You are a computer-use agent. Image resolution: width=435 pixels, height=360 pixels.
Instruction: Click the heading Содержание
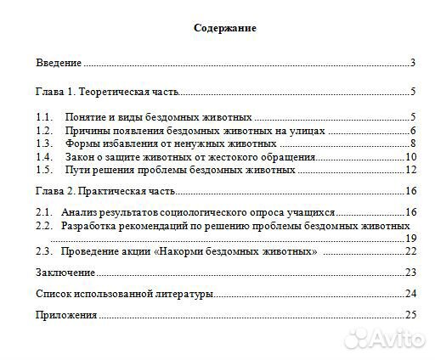224,28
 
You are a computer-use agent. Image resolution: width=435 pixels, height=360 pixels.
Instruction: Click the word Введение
59,63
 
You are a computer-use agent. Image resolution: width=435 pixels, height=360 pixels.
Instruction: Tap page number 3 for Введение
411,63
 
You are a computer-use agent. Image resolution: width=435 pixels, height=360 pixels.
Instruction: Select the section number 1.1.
44,116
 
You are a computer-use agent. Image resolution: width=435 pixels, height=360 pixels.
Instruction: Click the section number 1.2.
44,130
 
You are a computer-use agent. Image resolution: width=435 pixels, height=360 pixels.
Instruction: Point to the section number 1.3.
44,143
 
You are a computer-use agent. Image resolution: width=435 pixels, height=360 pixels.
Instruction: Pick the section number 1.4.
44,156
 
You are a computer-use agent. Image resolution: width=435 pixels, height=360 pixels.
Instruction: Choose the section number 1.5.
44,170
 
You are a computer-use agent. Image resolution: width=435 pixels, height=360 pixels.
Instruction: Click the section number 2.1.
44,211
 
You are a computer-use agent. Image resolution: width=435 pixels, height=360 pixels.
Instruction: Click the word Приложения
66,315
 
